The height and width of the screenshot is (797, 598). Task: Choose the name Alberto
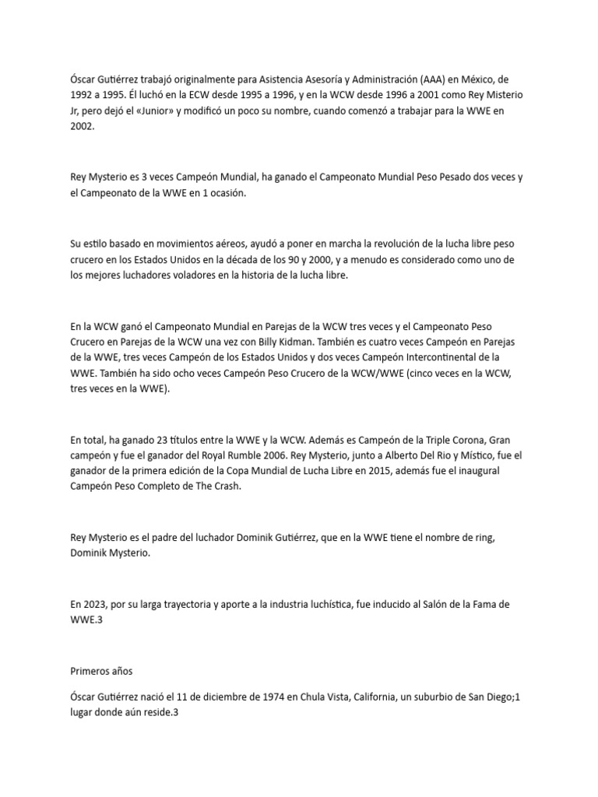click(x=392, y=456)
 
